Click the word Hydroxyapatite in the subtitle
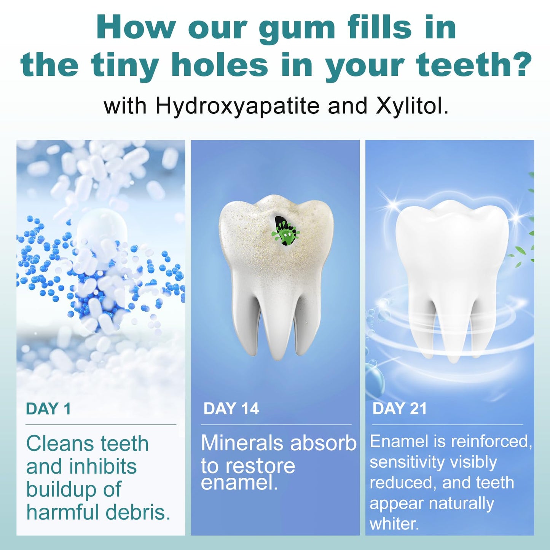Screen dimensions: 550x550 [237, 106]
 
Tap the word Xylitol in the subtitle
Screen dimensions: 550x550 [411, 106]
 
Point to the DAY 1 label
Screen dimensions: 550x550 [48, 409]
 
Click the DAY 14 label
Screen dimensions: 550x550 [231, 409]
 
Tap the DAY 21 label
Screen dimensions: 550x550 [400, 409]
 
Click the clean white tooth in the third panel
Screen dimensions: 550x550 [452, 266]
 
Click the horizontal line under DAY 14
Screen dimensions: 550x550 [276, 425]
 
